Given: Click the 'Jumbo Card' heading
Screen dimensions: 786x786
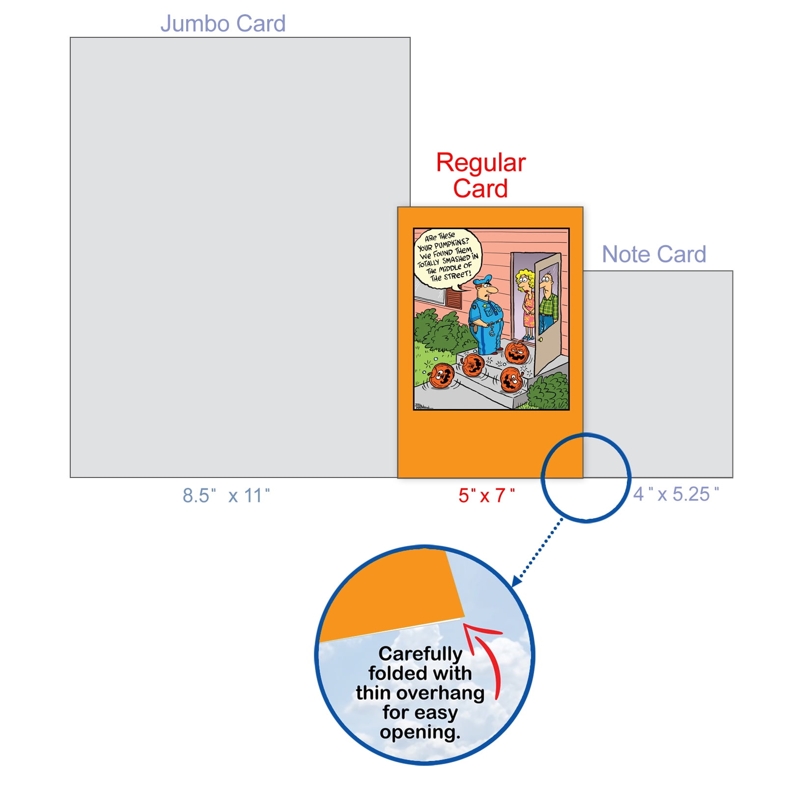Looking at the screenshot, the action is (223, 23).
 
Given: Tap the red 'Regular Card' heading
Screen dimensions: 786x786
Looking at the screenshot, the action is (481, 175).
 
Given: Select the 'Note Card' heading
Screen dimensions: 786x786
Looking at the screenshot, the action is (654, 254).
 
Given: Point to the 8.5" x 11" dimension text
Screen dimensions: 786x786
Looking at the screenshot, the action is (226, 496).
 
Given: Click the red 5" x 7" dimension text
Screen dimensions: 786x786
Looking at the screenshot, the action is (486, 496).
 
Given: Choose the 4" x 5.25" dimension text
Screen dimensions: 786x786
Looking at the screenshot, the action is (676, 494).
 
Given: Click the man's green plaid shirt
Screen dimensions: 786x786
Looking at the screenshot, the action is (549, 306).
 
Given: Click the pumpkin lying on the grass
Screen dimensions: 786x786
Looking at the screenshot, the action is (441, 376).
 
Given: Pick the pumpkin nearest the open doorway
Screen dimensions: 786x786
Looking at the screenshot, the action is (517, 352).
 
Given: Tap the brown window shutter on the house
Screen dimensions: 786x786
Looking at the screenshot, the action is (454, 298).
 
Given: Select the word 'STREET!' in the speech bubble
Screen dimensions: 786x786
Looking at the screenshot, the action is (457, 276).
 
